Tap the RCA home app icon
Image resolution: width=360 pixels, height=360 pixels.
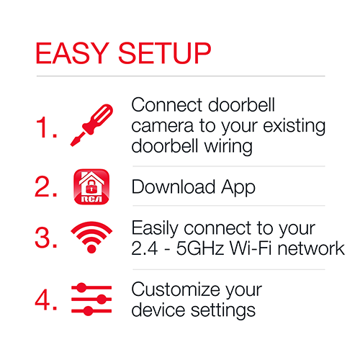(x=91, y=186)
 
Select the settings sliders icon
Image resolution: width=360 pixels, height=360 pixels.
(x=91, y=300)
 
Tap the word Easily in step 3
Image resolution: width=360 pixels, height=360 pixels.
(x=156, y=229)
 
